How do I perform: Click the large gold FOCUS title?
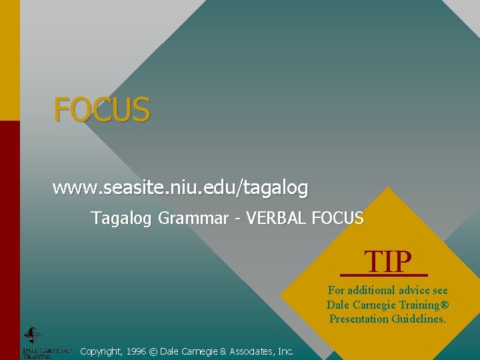pos(102,109)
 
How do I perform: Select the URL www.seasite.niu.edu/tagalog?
pos(180,188)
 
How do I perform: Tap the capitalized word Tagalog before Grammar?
pos(123,218)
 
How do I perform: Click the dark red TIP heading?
pos(387,262)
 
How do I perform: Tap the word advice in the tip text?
pos(417,291)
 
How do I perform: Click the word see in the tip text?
pos(440,291)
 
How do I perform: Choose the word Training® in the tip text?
pos(424,305)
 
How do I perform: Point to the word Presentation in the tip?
pos(359,319)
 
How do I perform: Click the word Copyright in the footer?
pos(100,351)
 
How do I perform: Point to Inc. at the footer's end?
pos(285,351)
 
